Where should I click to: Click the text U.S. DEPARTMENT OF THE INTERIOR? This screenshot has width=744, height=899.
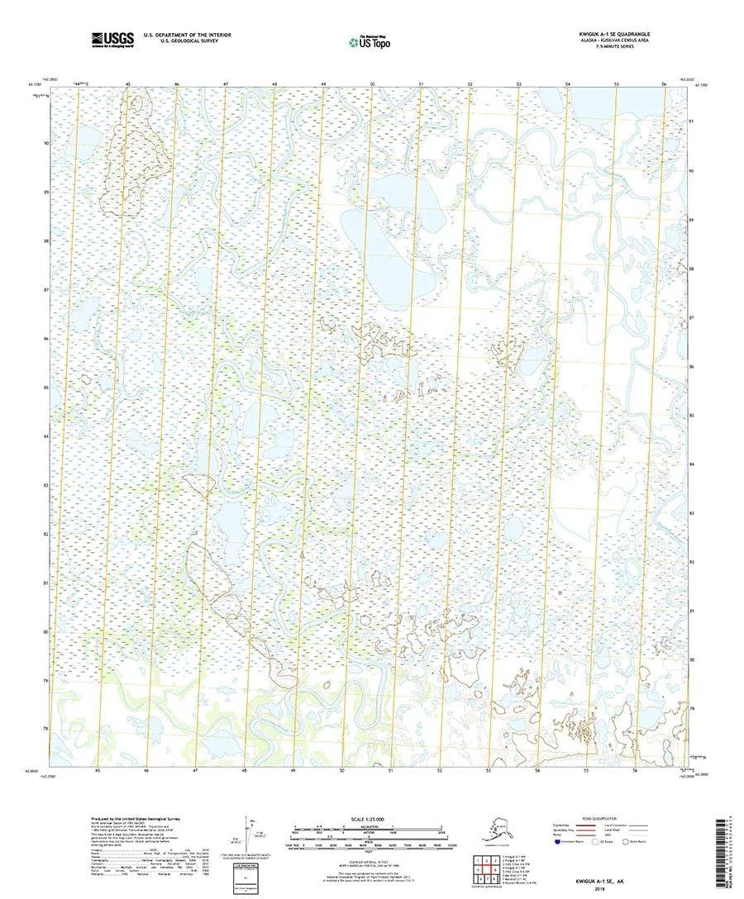pos(187,35)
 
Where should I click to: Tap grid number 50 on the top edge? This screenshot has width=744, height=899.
pos(372,85)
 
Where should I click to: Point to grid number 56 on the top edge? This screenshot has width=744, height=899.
pos(664,85)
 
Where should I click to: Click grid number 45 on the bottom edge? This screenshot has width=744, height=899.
pos(98,770)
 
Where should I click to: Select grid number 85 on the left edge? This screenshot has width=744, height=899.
pos(46,387)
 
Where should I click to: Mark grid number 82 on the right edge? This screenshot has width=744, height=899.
pos(691,562)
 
